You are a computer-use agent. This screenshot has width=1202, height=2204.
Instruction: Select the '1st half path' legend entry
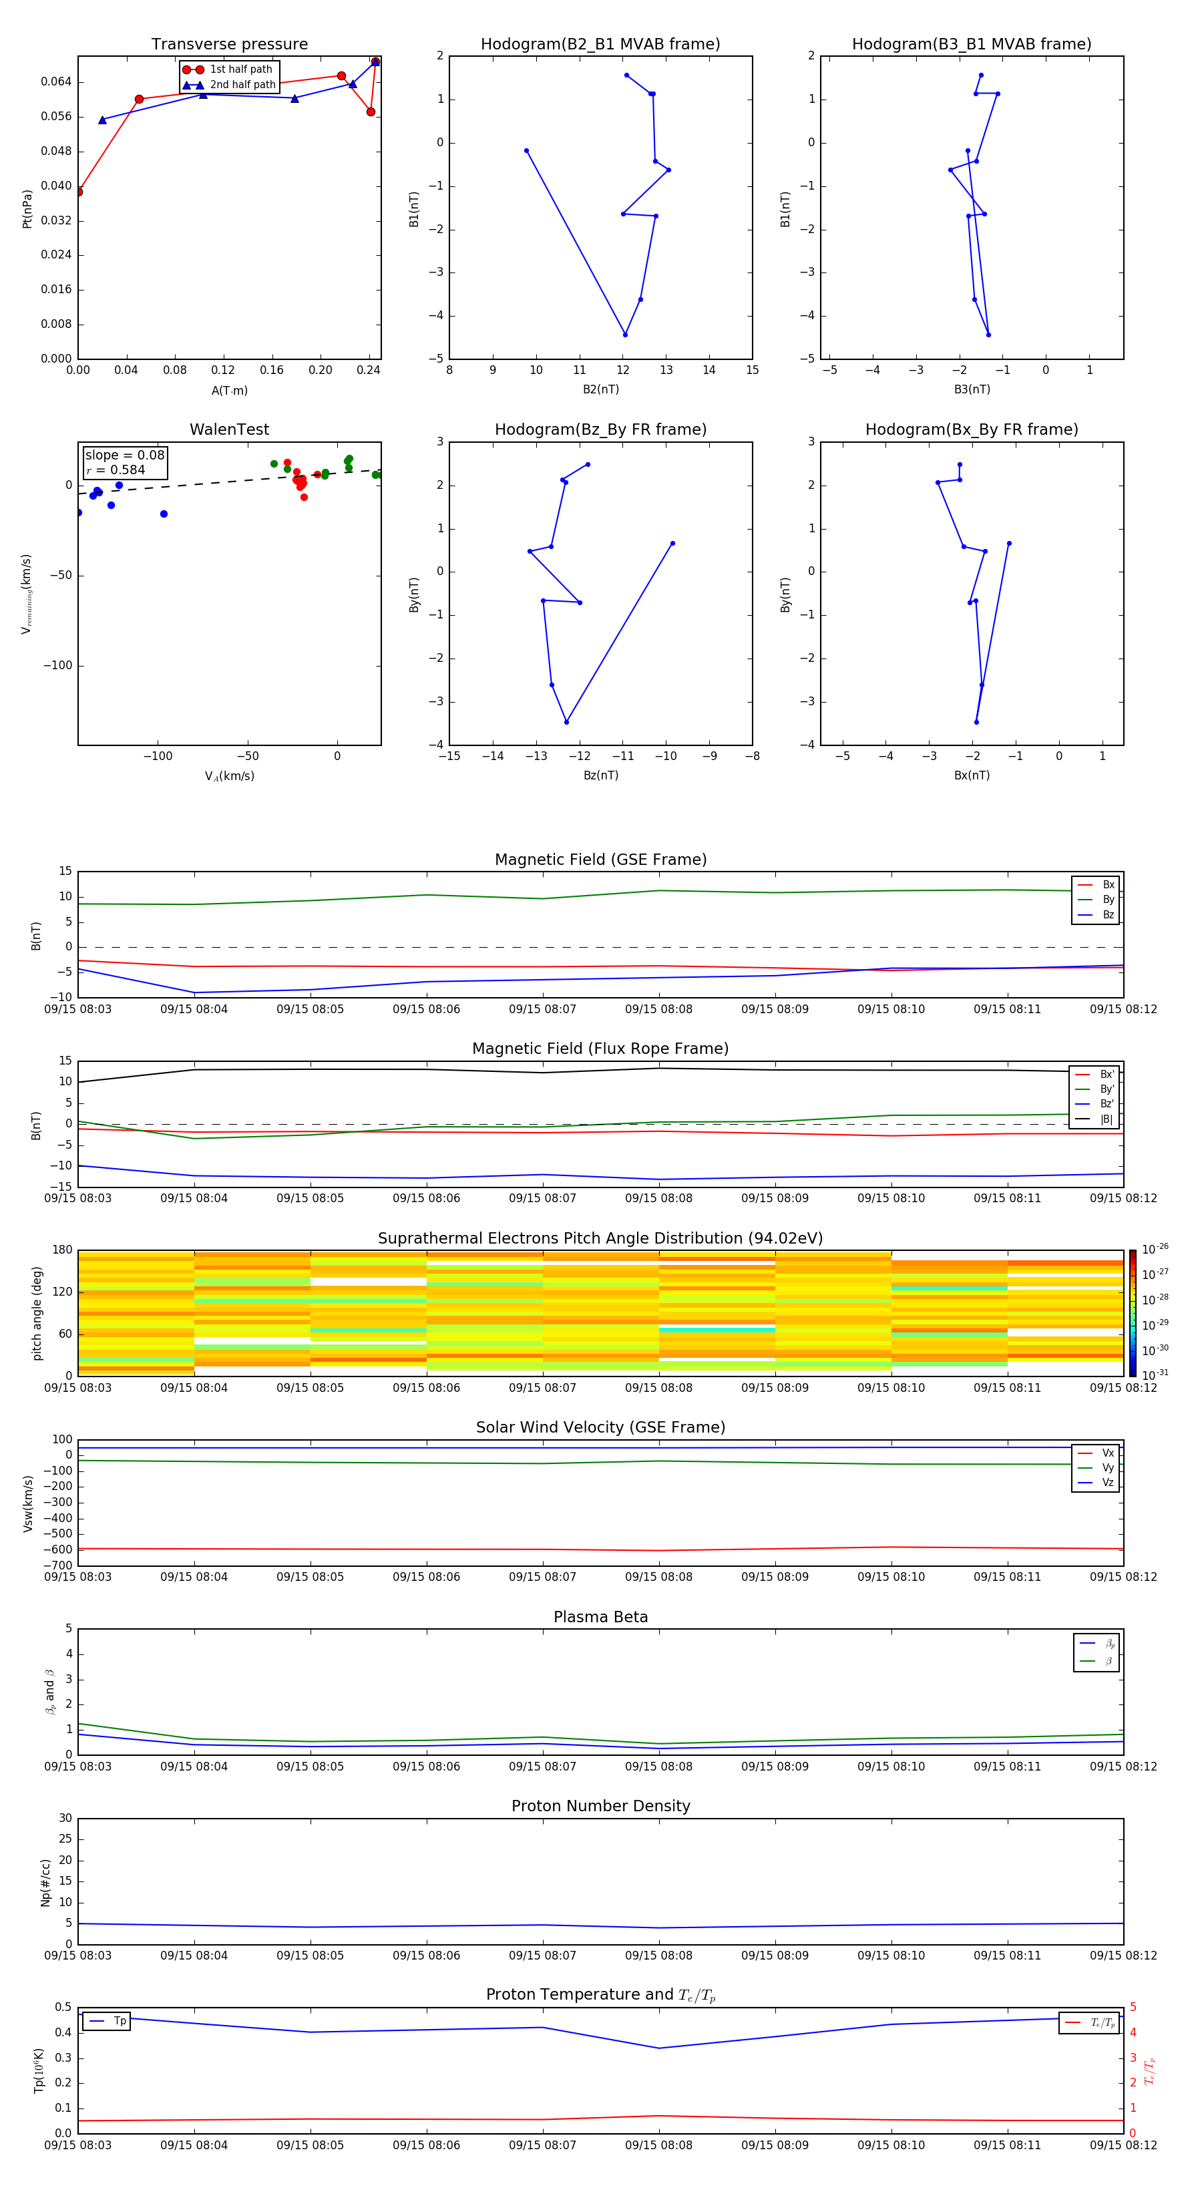[x=240, y=69]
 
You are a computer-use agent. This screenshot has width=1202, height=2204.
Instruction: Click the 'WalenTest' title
[x=229, y=429]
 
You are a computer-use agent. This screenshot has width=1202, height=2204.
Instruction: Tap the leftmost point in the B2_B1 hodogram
[x=526, y=150]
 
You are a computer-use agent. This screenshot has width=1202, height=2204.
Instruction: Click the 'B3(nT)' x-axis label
[x=972, y=389]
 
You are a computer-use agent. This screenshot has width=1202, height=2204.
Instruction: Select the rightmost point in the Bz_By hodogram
[x=672, y=543]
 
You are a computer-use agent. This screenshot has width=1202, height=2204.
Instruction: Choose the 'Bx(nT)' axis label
[x=972, y=775]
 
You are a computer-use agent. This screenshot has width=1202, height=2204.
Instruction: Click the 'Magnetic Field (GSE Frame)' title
[x=600, y=860]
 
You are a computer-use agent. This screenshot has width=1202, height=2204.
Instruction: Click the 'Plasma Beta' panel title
[x=600, y=1617]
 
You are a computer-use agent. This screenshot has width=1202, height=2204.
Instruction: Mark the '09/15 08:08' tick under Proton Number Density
[x=658, y=1955]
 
